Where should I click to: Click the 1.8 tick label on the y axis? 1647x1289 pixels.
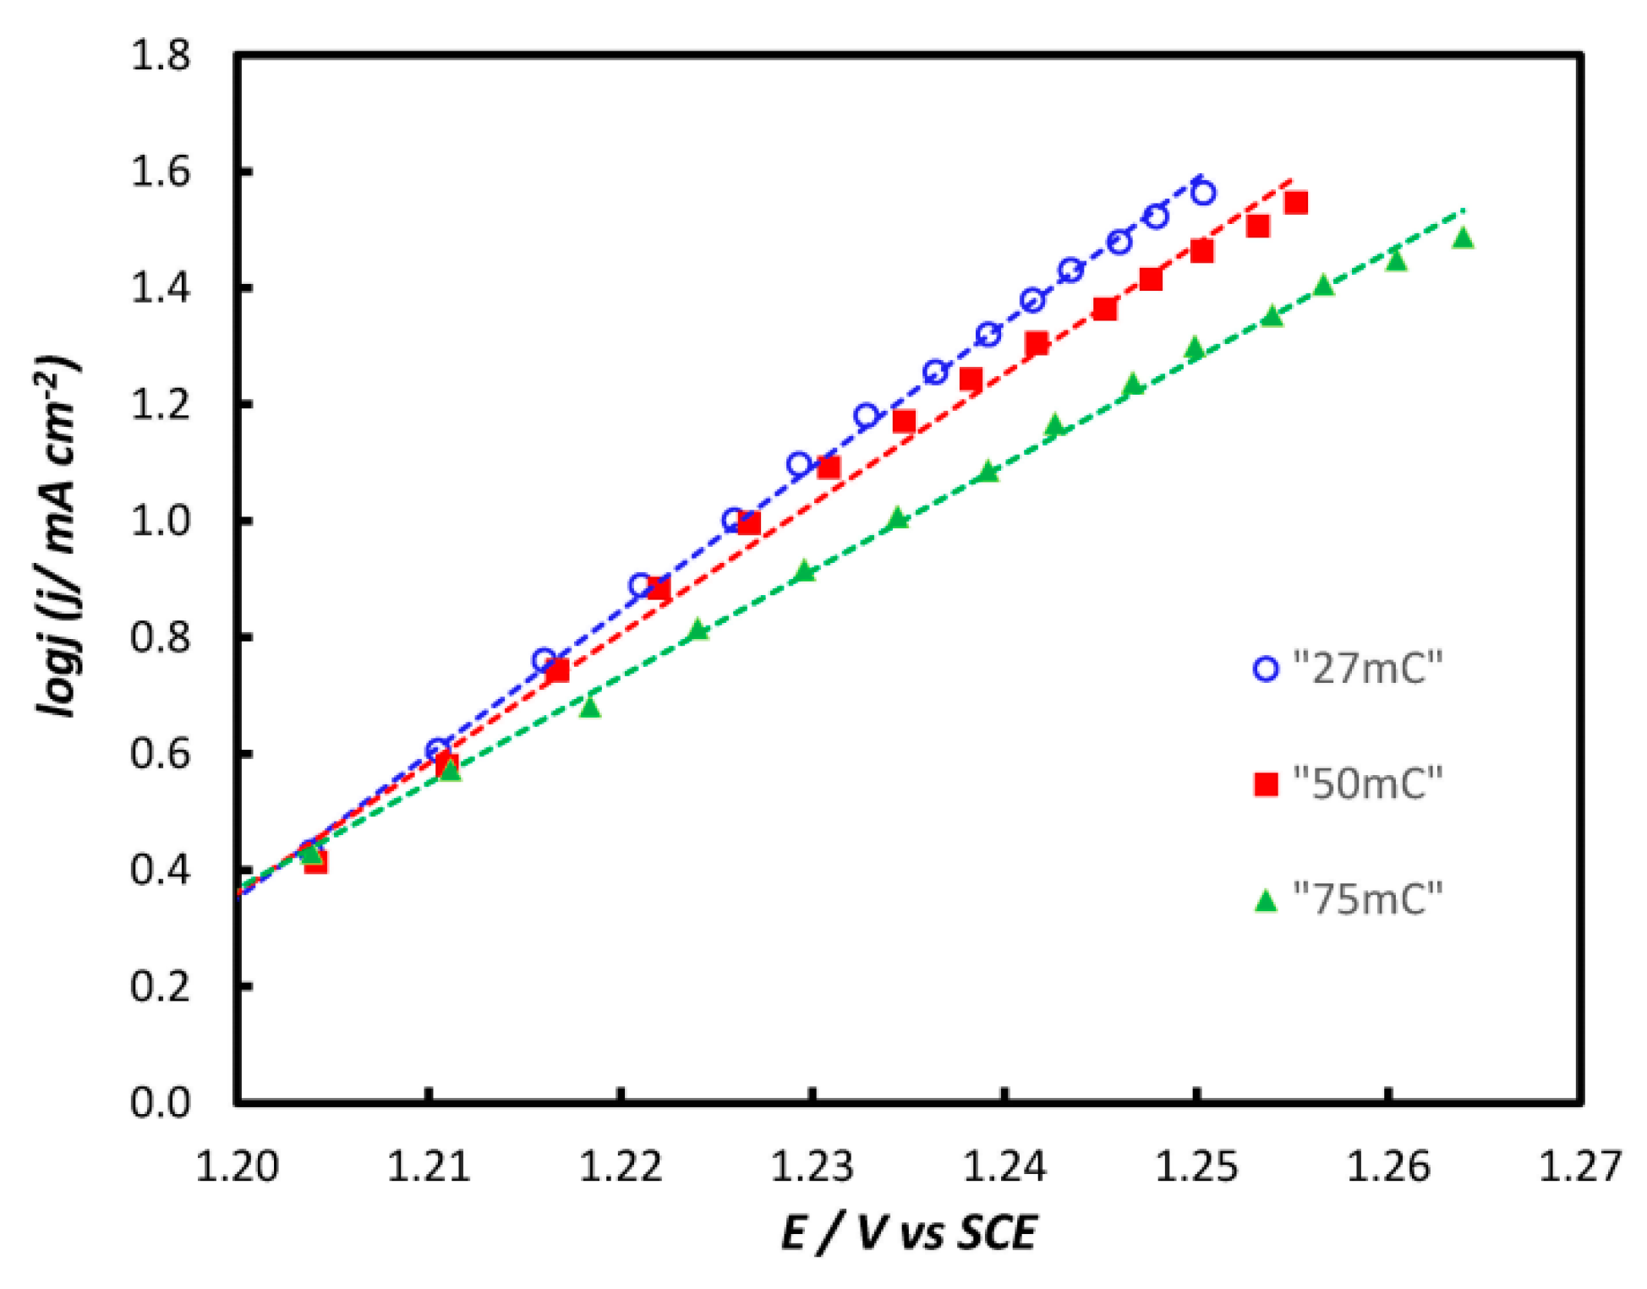pos(160,57)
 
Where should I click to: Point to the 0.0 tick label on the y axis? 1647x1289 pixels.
pos(160,1102)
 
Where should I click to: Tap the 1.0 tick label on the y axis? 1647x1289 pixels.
pos(160,521)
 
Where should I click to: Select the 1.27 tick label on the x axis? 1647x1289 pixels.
pos(1579,1167)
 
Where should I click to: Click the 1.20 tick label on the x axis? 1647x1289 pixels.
pos(237,1167)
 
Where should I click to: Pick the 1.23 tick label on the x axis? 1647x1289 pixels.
pos(812,1167)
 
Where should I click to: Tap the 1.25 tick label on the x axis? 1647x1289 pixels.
pos(1196,1167)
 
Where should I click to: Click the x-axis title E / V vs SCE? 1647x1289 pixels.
pos(908,1232)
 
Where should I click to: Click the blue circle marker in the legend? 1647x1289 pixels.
pos(1265,669)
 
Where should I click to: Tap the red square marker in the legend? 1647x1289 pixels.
pos(1265,784)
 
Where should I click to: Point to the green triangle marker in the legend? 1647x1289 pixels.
pos(1265,900)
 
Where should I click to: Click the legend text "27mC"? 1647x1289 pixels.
pos(1367,669)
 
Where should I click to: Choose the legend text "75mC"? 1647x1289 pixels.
pos(1367,898)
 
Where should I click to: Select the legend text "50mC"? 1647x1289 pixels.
pos(1367,784)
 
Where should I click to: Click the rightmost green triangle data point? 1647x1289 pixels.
pos(1463,238)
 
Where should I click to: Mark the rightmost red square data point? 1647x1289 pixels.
pos(1295,203)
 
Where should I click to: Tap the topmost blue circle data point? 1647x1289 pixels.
pos(1203,193)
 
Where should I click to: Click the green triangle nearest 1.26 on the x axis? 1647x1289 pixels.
pos(1396,260)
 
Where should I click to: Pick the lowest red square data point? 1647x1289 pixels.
pos(315,862)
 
